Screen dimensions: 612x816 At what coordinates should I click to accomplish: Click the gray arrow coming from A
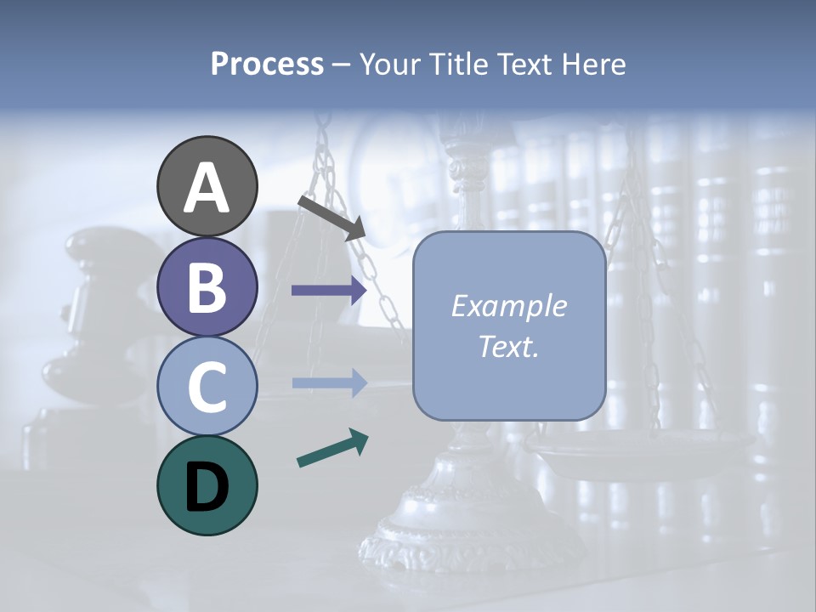(x=331, y=218)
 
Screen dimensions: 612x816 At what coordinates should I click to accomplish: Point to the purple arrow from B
(x=329, y=290)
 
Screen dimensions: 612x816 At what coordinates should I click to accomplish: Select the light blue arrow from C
(x=329, y=383)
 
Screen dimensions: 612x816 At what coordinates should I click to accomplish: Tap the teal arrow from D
(x=332, y=449)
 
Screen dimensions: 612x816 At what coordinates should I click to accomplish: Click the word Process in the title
(x=267, y=65)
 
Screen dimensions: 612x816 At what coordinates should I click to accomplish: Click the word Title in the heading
(x=459, y=65)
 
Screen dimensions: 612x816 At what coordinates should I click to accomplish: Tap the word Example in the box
(x=508, y=306)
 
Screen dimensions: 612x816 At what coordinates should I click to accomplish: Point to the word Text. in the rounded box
(x=508, y=346)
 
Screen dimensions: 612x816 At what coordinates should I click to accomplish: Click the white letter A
(x=207, y=189)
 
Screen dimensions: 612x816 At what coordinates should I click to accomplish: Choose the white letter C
(x=207, y=388)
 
